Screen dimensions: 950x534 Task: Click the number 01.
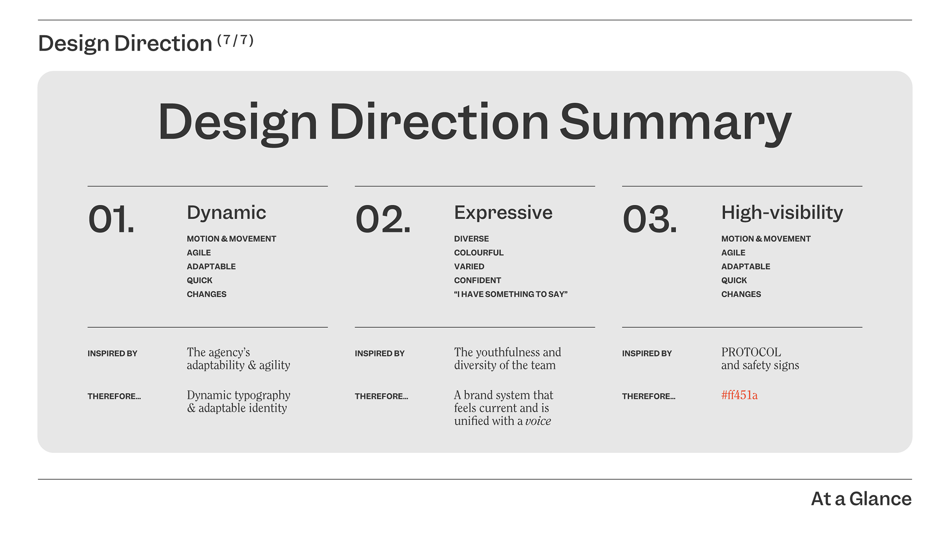tap(111, 219)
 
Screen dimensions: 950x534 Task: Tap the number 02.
tap(383, 219)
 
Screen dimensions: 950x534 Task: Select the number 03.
tap(649, 219)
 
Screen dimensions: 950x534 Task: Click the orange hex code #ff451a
tap(739, 395)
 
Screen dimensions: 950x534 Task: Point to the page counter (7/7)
tap(235, 40)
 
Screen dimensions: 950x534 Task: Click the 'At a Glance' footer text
tap(861, 499)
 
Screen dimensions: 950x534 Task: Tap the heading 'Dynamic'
tap(226, 213)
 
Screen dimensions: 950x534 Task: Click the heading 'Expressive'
tap(503, 213)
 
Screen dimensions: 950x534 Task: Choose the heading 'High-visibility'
tap(782, 213)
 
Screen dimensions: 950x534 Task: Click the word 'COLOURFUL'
tap(479, 253)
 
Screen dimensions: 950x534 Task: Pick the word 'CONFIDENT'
tap(477, 280)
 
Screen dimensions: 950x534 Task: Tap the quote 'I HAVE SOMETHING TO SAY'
tap(511, 294)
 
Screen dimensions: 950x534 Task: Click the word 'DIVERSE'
tap(471, 239)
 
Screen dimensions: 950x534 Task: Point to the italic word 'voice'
tap(538, 421)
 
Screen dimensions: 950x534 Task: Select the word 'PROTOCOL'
tap(751, 352)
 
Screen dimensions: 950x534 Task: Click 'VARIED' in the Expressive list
tap(469, 267)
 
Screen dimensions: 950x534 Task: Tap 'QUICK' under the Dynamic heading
tap(200, 280)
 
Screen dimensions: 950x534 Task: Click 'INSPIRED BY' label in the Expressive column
tap(380, 354)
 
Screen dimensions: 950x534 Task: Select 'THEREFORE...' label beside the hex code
tap(649, 396)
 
